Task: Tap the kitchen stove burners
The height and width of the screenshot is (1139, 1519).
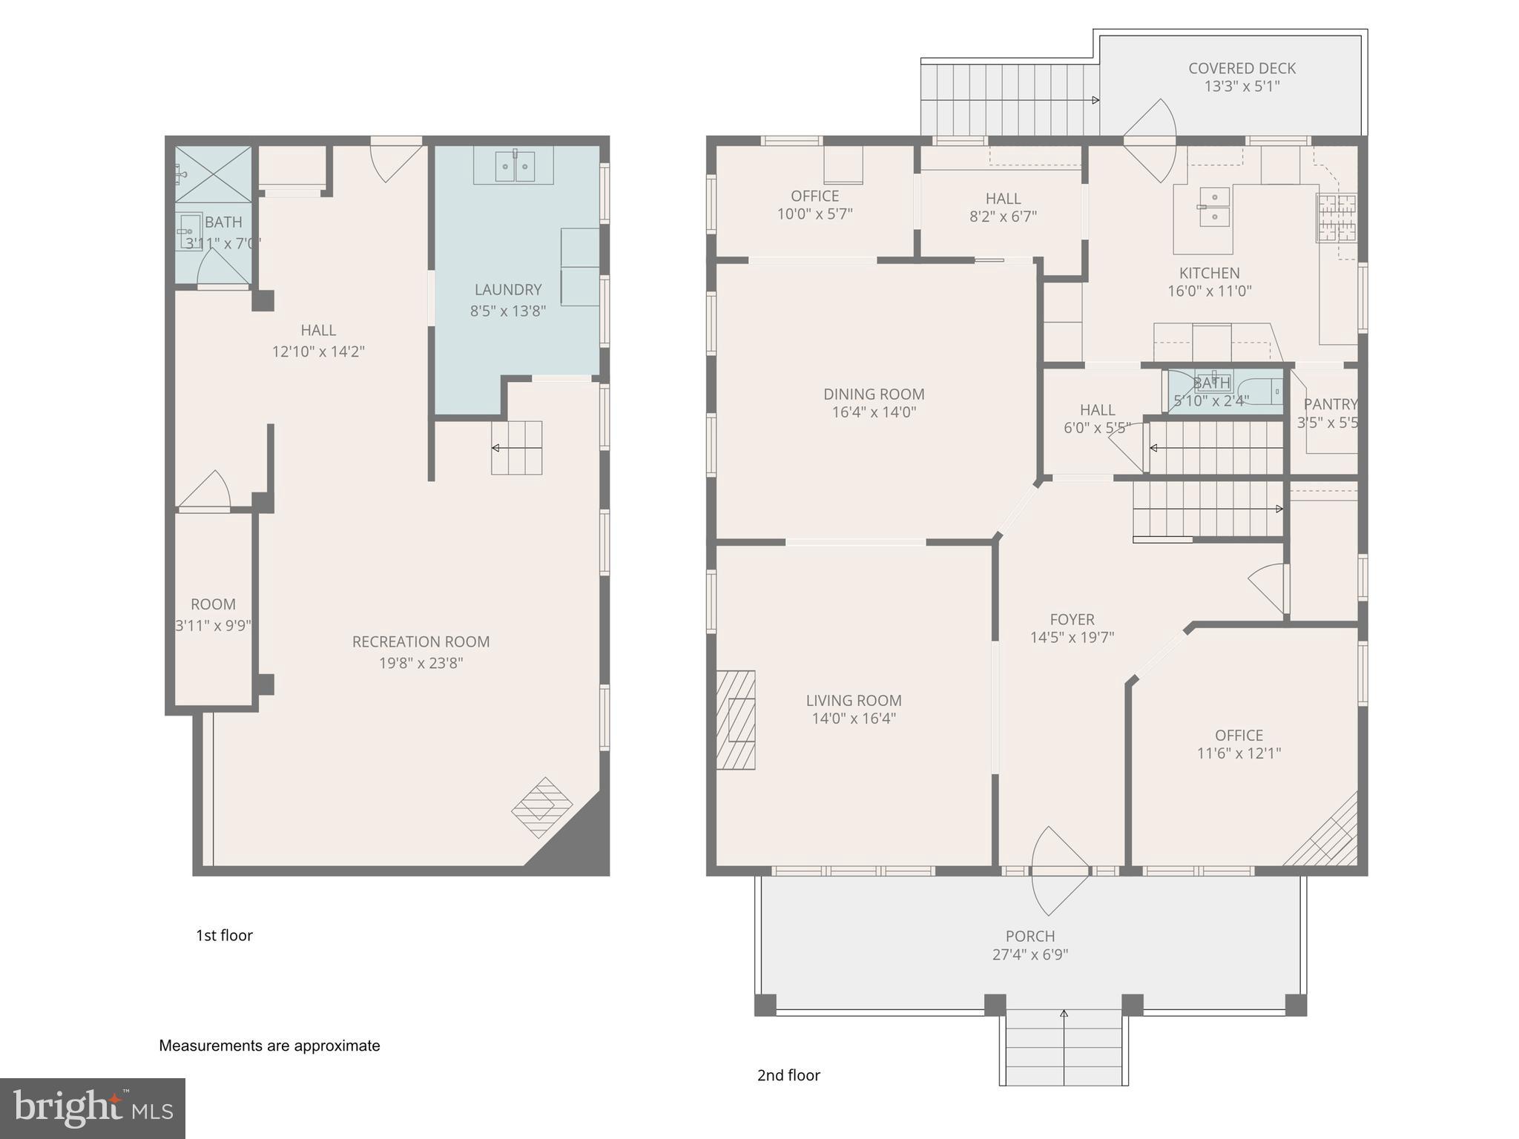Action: (1336, 218)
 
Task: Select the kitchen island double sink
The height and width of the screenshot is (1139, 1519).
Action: (1215, 207)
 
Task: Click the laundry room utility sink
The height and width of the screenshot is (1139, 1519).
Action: (514, 166)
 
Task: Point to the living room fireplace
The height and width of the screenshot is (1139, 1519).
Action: (737, 719)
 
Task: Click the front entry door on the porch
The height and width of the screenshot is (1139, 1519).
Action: (1059, 871)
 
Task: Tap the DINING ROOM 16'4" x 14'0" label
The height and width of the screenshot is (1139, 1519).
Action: (874, 403)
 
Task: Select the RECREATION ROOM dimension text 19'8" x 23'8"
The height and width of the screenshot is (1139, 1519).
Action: (421, 663)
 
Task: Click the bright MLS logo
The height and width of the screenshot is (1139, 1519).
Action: (92, 1108)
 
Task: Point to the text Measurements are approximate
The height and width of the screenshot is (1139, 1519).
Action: (269, 1046)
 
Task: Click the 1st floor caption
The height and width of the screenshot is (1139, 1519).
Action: (224, 936)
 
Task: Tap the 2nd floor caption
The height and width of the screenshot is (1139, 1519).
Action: (788, 1075)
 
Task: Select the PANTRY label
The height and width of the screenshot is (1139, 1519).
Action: (1330, 404)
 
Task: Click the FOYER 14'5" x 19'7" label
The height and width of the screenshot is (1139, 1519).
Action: (1072, 628)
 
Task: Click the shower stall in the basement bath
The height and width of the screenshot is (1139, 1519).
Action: (213, 174)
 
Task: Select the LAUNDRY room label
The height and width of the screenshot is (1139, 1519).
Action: (508, 290)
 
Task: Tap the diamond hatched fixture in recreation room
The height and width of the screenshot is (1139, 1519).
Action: (542, 808)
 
